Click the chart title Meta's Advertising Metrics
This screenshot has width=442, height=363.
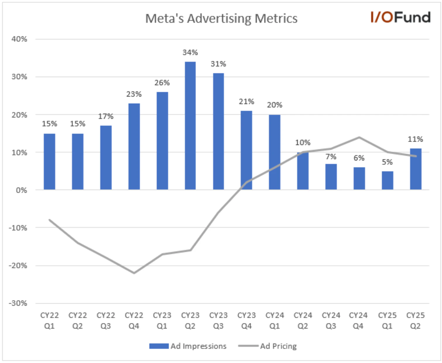click(221, 18)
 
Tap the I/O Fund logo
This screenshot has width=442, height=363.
click(400, 17)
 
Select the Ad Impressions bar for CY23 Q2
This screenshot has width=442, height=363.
click(190, 126)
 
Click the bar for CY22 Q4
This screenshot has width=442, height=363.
click(134, 146)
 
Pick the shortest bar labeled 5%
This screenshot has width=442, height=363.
click(387, 180)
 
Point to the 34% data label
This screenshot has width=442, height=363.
click(190, 53)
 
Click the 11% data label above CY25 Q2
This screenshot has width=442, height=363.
click(415, 139)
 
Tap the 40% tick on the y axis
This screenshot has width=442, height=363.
click(19, 39)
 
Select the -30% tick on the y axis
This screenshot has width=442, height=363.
click(18, 303)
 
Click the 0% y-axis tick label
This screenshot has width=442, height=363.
click(21, 190)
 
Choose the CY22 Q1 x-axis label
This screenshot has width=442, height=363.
click(49, 321)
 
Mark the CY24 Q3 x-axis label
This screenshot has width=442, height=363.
click(331, 321)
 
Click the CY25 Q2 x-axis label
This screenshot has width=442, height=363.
click(415, 321)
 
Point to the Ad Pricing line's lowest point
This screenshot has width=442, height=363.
click(134, 273)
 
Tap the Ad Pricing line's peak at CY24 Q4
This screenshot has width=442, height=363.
click(359, 137)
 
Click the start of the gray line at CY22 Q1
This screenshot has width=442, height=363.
click(49, 220)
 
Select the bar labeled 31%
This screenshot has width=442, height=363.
click(218, 132)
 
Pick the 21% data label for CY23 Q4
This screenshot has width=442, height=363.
click(246, 102)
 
